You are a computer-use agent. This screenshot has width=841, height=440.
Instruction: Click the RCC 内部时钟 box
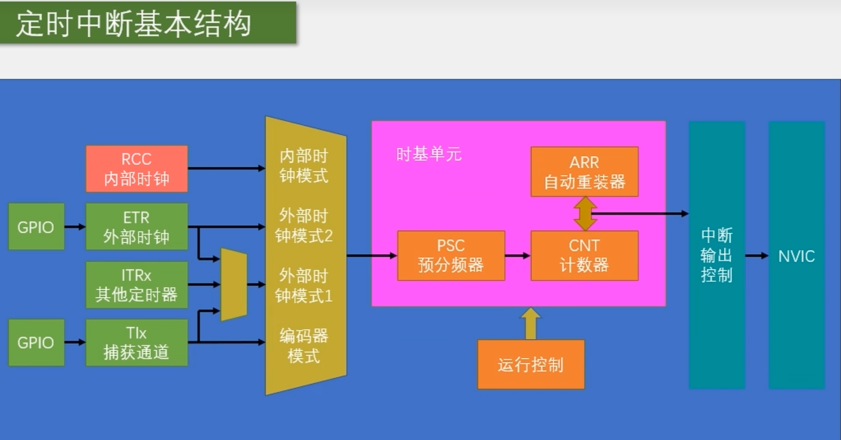click(137, 169)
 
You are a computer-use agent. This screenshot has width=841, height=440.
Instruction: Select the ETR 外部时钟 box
click(137, 227)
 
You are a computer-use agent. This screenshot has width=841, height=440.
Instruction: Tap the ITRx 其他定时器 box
click(137, 285)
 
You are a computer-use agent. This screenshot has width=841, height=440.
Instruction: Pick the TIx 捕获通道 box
click(137, 343)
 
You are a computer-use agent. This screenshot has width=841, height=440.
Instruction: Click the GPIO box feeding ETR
click(36, 227)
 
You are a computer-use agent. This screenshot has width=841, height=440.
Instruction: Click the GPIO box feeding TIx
click(36, 343)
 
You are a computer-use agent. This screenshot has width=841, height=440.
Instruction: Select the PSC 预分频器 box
click(451, 256)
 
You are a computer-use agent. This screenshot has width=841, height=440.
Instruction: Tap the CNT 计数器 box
click(584, 256)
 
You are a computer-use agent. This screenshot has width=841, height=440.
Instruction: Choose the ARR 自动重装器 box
click(584, 172)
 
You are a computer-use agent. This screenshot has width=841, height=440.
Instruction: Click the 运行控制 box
click(531, 364)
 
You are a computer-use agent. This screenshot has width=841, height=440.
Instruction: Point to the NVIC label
click(796, 256)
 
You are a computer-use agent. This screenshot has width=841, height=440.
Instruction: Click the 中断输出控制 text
click(716, 255)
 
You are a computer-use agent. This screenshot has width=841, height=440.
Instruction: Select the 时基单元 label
click(428, 154)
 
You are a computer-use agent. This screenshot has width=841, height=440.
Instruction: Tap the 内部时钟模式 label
click(304, 166)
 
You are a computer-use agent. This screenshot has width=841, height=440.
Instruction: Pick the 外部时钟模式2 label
click(304, 226)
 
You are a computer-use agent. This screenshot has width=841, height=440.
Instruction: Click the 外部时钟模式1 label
click(304, 286)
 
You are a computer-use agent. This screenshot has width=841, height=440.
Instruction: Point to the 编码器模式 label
click(304, 346)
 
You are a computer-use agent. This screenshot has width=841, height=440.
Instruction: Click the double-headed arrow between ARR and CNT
click(585, 214)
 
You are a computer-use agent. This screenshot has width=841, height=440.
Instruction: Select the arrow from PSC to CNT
click(518, 256)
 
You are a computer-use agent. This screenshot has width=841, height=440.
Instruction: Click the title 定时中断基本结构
click(133, 24)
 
